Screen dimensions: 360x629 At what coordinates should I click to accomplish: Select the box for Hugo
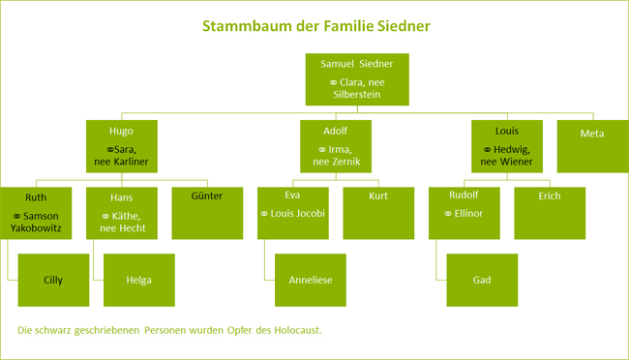[121, 146]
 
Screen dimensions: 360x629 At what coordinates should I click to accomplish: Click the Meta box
[590, 134]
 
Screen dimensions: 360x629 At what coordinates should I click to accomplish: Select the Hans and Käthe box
[121, 212]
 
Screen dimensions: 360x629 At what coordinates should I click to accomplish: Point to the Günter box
[206, 212]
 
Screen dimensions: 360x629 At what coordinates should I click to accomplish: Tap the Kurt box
[378, 212]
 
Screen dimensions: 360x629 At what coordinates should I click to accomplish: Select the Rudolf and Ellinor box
[465, 212]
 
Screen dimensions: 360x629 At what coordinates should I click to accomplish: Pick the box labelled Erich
[551, 212]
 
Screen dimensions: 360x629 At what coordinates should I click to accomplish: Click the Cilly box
[54, 280]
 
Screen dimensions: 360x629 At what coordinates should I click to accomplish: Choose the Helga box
[138, 280]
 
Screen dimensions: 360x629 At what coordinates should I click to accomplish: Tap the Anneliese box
[311, 280]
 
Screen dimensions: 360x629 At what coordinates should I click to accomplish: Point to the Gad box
[482, 280]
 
